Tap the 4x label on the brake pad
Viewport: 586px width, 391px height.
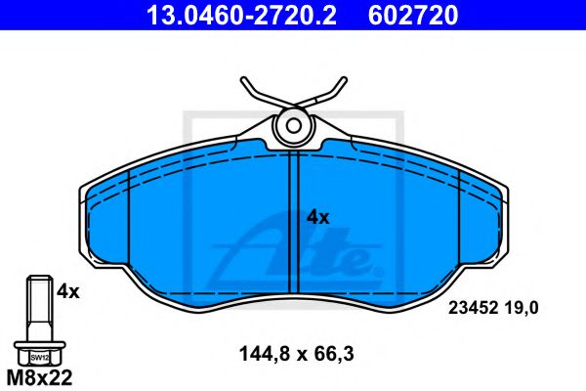318,217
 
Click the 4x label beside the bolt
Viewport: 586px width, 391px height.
67,290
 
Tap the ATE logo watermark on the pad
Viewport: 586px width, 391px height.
303,249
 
